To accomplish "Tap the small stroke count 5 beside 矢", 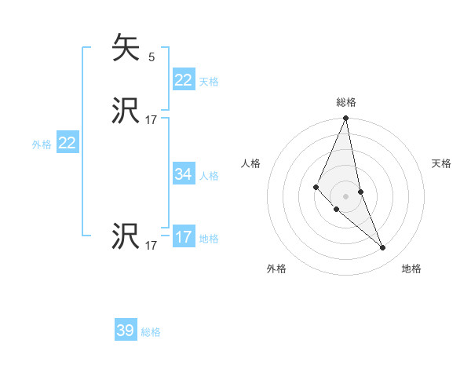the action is pos(152,57).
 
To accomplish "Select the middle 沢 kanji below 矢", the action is pos(126,111).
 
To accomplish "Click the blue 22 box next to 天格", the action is pos(183,80).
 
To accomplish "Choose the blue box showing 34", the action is pos(183,174).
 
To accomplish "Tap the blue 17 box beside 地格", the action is pos(183,237).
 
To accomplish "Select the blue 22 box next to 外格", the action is pos(68,143).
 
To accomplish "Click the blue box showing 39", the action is pos(125,331).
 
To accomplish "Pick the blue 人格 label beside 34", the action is pos(209,176).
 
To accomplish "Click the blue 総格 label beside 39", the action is pos(151,332).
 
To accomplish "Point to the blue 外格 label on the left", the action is pos(42,144).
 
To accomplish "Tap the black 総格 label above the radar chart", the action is pos(346,102).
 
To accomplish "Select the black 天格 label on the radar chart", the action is pos(441,163).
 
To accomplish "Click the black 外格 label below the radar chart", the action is pos(276,269).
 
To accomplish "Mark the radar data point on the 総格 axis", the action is pos(346,119).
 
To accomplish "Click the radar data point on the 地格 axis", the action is pos(383,248).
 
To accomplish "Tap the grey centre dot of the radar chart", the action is pos(346,195).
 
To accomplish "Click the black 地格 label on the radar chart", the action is pos(411,269).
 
